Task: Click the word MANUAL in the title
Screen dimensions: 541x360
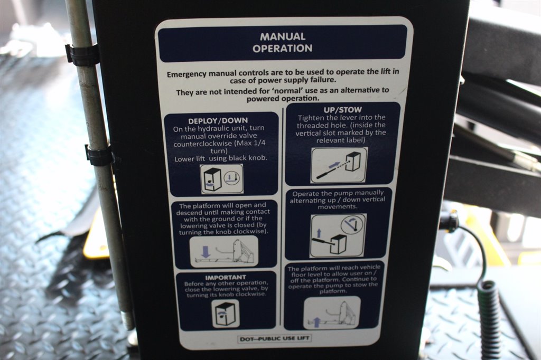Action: coord(283,36)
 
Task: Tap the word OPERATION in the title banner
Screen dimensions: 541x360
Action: coord(282,48)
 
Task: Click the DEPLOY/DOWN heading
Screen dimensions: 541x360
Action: coord(218,121)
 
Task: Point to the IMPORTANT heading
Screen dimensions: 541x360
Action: coord(226,278)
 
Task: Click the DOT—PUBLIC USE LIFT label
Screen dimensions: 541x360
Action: coord(275,338)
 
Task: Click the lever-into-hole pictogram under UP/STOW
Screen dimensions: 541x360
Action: coord(339,165)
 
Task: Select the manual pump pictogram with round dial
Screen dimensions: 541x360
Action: coord(338,235)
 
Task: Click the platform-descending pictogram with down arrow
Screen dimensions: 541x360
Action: coord(224,251)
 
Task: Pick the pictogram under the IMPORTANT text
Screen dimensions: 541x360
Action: coord(225,314)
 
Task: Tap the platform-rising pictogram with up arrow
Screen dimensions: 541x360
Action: coord(332,313)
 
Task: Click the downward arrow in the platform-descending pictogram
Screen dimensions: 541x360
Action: coord(206,252)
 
